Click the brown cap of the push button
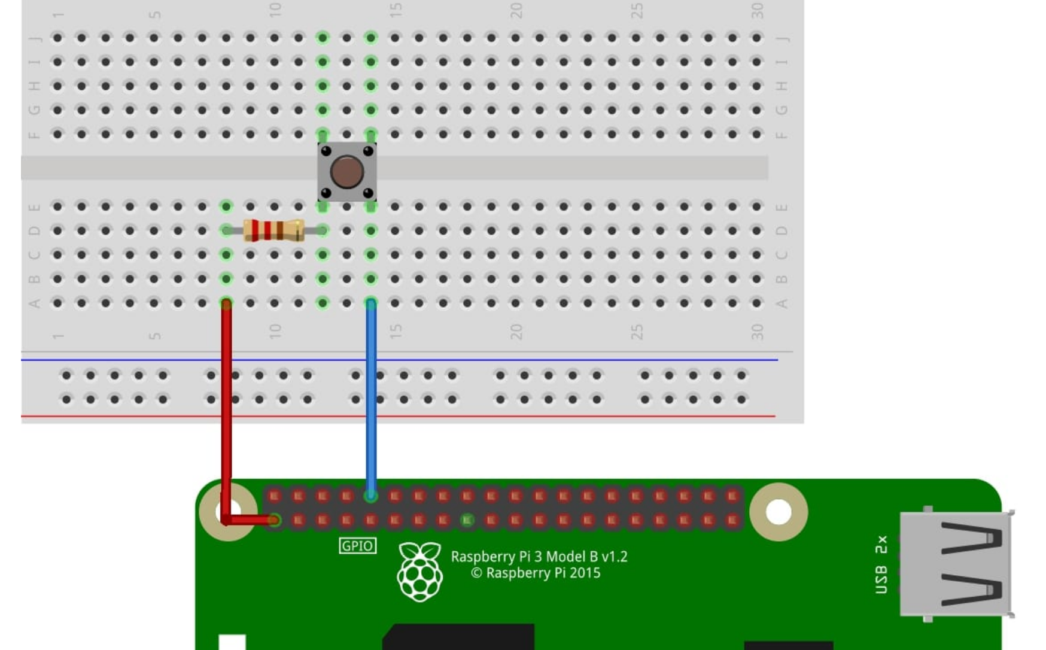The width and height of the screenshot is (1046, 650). [346, 171]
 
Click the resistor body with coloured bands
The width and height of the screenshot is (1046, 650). [274, 230]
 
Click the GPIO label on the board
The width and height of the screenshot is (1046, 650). [357, 546]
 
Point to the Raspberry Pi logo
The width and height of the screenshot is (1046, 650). [420, 571]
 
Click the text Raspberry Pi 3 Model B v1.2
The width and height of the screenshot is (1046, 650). [539, 557]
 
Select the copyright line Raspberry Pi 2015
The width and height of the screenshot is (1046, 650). [536, 573]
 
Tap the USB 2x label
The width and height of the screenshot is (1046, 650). [881, 564]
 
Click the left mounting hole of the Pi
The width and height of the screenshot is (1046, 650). [228, 512]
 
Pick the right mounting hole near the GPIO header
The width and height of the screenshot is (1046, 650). [779, 512]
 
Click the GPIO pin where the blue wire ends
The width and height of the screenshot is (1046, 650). [371, 496]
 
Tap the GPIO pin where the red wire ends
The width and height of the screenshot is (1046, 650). [275, 520]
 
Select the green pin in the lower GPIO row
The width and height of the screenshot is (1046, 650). [467, 520]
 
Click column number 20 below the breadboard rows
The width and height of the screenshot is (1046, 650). [516, 331]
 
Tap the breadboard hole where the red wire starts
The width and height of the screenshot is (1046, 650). [226, 303]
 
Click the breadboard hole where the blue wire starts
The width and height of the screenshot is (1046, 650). [371, 303]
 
